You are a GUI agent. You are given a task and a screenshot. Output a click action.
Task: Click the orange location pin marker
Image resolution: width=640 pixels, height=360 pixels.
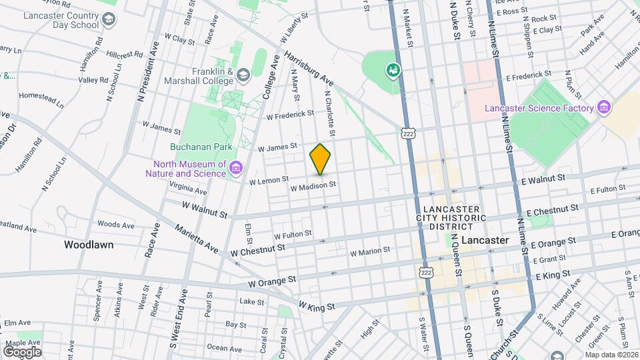pos(320,159)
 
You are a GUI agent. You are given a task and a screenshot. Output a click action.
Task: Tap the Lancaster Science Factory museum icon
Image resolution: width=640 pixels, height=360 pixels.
pos(604,107)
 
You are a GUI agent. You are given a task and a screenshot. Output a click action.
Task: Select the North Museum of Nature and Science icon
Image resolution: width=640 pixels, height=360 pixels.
pos(235,168)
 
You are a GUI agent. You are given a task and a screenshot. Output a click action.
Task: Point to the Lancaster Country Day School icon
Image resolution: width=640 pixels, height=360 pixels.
pos(107,22)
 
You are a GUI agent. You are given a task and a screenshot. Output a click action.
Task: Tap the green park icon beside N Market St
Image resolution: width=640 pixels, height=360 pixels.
pos(393,70)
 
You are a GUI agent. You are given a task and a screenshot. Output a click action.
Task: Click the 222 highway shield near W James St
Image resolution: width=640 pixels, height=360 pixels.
pos(409,133)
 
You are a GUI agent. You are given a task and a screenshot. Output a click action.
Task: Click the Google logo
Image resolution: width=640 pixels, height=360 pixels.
pos(22,351)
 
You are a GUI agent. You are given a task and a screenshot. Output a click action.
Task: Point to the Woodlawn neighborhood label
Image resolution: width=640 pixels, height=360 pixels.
pos(89,245)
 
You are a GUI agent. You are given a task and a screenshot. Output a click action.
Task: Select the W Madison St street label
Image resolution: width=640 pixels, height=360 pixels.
pos(312,188)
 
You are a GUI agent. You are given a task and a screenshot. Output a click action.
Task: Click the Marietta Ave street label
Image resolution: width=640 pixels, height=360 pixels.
pos(196,239)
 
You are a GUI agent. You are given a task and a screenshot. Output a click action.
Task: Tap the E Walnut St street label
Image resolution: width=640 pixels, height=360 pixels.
pos(543,178)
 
